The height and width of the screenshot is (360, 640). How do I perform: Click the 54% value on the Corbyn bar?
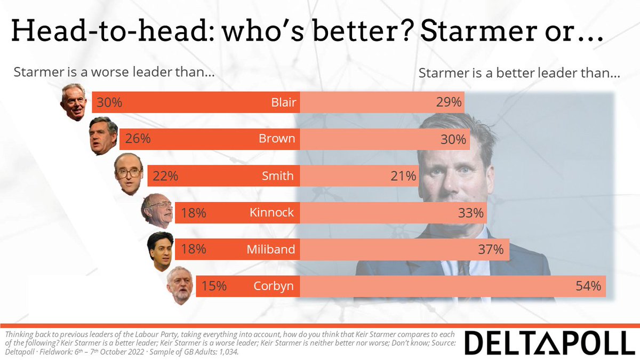(588, 286)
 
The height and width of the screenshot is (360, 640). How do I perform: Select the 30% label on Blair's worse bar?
(109, 102)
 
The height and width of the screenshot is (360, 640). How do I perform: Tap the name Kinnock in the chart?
(271, 213)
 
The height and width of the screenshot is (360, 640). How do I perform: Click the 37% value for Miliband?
(491, 250)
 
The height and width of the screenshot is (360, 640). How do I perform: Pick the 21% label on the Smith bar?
(403, 176)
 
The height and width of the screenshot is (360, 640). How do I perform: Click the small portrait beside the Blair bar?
(74, 101)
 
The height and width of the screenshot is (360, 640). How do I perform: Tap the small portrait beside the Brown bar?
(103, 136)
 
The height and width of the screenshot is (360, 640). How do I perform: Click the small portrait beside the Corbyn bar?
(180, 286)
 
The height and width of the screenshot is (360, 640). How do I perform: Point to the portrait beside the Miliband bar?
(160, 251)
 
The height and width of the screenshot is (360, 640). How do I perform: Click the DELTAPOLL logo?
(550, 342)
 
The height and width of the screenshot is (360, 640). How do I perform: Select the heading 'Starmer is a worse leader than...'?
(114, 73)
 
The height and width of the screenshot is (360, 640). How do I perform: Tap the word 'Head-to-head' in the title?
(110, 33)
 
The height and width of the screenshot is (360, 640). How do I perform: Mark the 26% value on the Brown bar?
(138, 139)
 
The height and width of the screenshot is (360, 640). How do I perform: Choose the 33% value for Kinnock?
(471, 213)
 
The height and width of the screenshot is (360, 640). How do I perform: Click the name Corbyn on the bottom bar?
(274, 286)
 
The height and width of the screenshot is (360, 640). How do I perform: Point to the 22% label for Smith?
(165, 176)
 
